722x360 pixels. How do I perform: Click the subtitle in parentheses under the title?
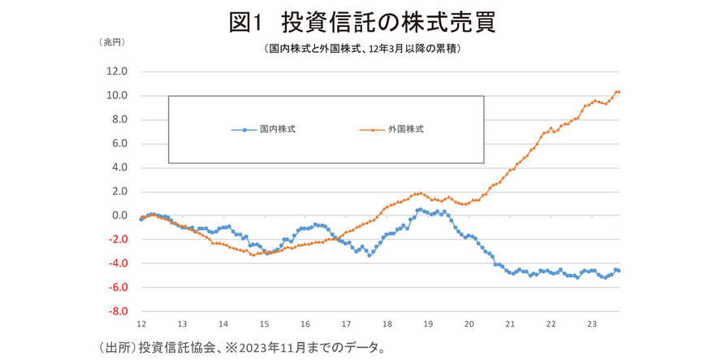pos(362,50)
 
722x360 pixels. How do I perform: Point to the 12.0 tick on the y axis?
pos(117,72)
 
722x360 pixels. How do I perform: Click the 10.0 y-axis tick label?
pos(117,96)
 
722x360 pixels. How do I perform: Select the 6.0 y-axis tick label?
pos(119,144)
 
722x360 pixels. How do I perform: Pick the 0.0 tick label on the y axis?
pos(119,216)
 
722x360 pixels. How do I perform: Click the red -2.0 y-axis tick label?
pos(117,240)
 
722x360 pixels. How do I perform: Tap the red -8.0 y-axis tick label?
pos(117,312)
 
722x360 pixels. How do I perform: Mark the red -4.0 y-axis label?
pos(117,264)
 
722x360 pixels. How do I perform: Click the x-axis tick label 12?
pos(141,323)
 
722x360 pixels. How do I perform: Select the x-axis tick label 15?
pos(264,323)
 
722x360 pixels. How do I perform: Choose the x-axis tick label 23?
pos(592,323)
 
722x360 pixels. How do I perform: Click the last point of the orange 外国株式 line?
pos(619,92)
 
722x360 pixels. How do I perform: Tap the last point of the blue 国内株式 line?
pos(619,271)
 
